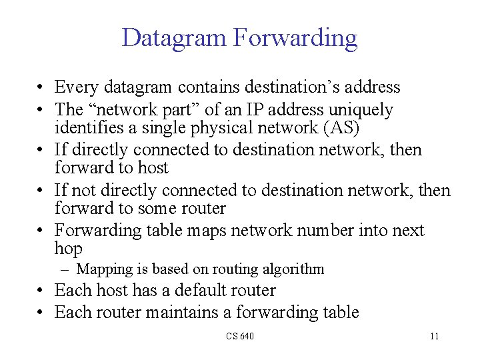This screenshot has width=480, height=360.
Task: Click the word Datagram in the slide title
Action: [x=174, y=38]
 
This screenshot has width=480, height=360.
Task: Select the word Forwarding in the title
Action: [x=295, y=38]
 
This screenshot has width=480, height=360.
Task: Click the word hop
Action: [x=68, y=249]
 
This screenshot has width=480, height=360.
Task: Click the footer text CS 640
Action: [x=239, y=336]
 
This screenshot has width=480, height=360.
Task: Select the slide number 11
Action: [x=434, y=336]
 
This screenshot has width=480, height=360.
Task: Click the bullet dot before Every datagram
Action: [x=41, y=88]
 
